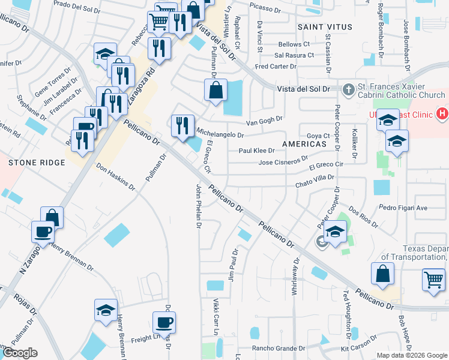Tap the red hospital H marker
(442, 112)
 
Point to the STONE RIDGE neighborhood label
(37, 163)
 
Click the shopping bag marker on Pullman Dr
(215, 91)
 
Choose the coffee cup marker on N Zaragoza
(43, 231)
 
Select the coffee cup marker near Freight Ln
(164, 322)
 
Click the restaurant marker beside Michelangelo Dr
(182, 125)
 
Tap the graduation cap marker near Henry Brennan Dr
(106, 310)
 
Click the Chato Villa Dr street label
(314, 177)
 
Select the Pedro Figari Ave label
(403, 208)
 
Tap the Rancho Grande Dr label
(279, 348)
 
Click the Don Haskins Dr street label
(116, 178)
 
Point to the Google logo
(20, 353)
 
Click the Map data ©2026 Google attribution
(412, 355)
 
